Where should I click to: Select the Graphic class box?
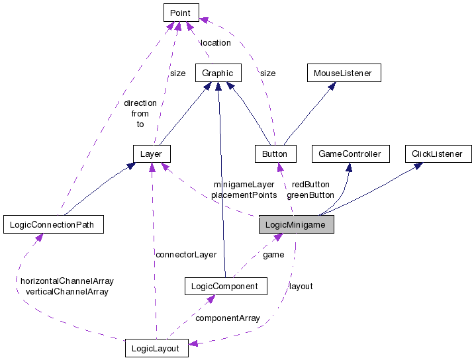pyautogui.click(x=217, y=73)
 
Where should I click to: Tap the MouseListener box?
pyautogui.click(x=343, y=73)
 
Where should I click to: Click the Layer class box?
pyautogui.click(x=152, y=154)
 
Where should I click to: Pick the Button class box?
pyautogui.click(x=275, y=154)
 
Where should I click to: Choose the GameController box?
pyautogui.click(x=350, y=154)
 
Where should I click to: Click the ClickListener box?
pyautogui.click(x=438, y=154)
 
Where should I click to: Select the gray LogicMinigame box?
pyautogui.click(x=296, y=225)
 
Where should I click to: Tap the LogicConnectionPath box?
pyautogui.click(x=53, y=225)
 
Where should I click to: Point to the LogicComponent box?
pyautogui.click(x=225, y=286)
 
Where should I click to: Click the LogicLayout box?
pyautogui.click(x=156, y=348)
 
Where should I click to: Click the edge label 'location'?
pyautogui.click(x=216, y=43)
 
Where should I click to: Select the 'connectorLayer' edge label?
pyautogui.click(x=186, y=254)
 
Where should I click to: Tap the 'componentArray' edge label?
pyautogui.click(x=227, y=318)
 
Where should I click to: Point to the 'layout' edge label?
pyautogui.click(x=301, y=287)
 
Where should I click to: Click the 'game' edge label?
pyautogui.click(x=273, y=254)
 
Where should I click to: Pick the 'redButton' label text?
pyautogui.click(x=310, y=184)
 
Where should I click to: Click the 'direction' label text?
pyautogui.click(x=140, y=103)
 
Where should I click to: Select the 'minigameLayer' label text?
pyautogui.click(x=244, y=184)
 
